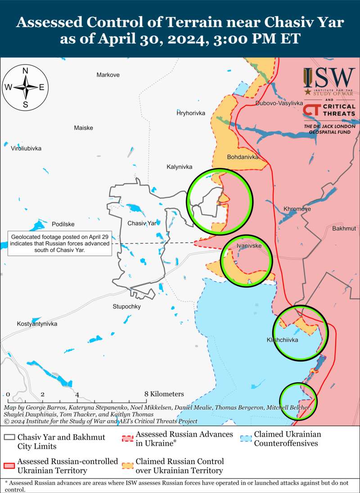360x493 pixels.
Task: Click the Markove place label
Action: click(108, 75)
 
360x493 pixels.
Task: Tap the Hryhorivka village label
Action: click(191, 113)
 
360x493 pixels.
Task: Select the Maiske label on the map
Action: click(84, 128)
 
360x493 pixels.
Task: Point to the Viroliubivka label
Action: click(26, 148)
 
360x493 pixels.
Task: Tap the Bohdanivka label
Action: click(243, 158)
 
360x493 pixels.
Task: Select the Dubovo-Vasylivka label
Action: click(279, 103)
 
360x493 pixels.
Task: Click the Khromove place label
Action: click(297, 209)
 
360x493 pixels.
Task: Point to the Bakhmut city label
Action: click(344, 229)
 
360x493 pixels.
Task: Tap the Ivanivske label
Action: click(249, 246)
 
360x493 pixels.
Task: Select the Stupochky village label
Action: click(126, 307)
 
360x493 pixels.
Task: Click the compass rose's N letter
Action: click(26, 71)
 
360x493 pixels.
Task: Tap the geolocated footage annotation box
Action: click(59, 244)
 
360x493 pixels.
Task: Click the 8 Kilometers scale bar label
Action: click(164, 394)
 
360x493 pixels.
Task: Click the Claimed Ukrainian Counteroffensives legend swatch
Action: click(246, 438)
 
